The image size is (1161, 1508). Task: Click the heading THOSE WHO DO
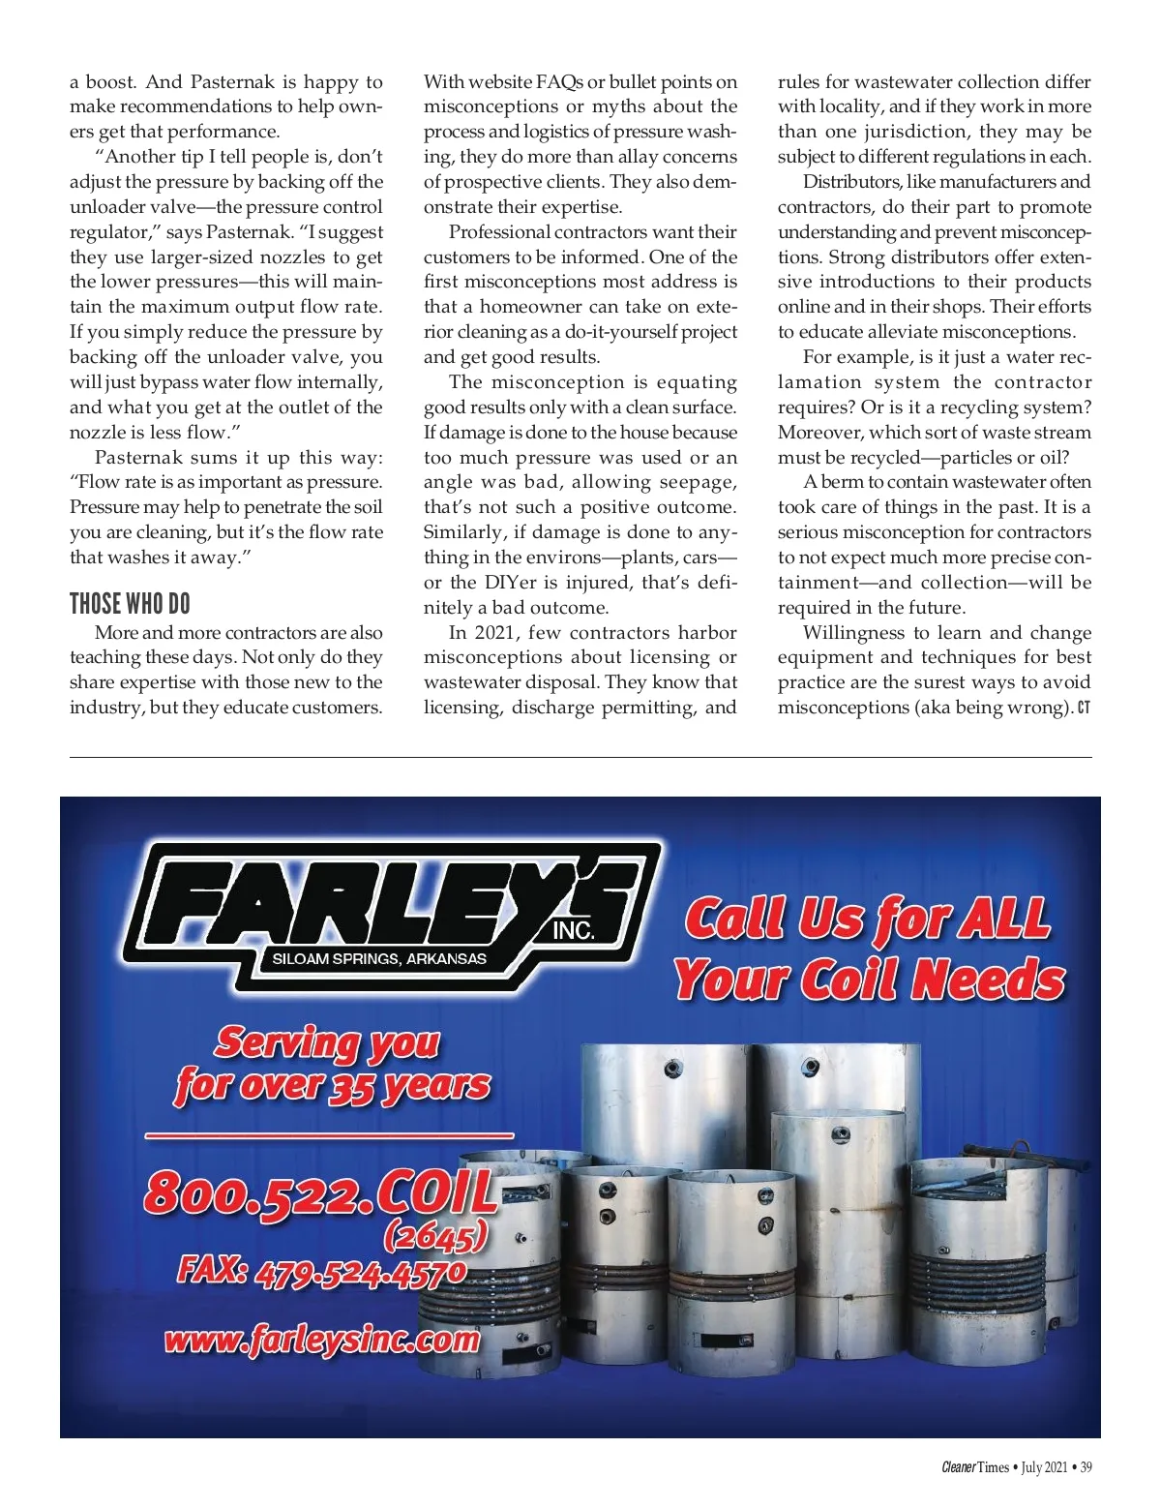[130, 604]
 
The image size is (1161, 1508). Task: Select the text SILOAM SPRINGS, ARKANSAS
[379, 959]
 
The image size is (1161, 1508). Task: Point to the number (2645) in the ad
[434, 1236]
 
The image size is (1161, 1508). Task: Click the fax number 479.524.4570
[360, 1273]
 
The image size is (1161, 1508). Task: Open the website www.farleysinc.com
[322, 1341]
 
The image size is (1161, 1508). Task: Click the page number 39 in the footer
[1086, 1467]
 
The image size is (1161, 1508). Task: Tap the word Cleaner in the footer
[958, 1467]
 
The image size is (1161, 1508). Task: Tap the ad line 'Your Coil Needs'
[869, 979]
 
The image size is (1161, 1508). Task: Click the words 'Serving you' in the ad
[327, 1042]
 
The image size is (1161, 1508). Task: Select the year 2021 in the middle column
[498, 633]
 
